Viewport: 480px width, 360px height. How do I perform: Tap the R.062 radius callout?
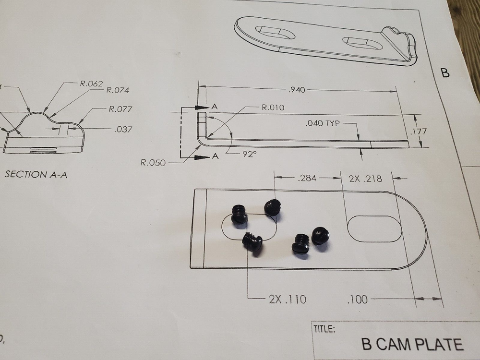[91, 84]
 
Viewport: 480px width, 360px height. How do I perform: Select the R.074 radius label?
[117, 90]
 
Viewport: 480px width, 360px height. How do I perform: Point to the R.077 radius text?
[120, 109]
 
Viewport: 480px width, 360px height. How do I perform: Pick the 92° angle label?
[249, 155]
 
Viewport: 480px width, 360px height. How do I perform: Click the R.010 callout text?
[273, 108]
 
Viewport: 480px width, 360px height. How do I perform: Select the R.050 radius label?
[153, 163]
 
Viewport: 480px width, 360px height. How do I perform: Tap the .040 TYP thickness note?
[322, 123]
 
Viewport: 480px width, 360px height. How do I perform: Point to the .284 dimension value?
[308, 179]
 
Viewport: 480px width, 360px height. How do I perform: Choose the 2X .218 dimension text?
[366, 179]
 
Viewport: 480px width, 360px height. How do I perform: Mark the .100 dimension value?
[357, 300]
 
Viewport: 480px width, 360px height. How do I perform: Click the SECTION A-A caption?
[36, 175]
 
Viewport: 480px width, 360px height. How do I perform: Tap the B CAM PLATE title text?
[412, 344]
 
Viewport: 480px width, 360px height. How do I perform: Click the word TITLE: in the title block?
[324, 329]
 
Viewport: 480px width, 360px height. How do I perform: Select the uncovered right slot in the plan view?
[374, 228]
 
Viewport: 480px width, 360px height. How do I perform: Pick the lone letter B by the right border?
[445, 73]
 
